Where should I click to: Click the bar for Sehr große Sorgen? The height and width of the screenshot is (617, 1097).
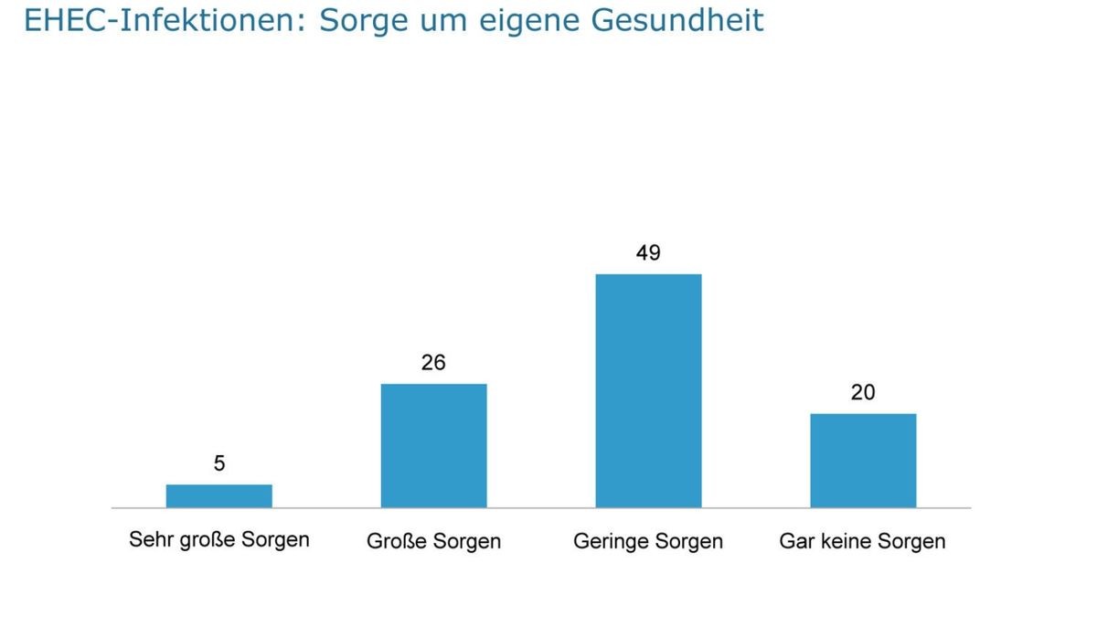click(218, 495)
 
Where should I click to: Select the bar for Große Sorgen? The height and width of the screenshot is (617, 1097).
click(433, 445)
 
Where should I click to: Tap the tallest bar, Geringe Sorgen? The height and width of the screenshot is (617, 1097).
click(648, 390)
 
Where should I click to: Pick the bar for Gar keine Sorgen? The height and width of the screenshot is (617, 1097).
click(863, 460)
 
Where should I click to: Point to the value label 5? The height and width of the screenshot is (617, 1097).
click(219, 463)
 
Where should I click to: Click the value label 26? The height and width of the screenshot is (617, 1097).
click(433, 363)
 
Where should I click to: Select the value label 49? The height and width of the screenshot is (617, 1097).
click(648, 252)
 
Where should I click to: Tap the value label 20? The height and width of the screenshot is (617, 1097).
click(863, 392)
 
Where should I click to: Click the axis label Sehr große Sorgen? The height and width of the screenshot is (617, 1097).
click(219, 539)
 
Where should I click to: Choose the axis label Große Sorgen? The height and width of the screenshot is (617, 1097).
click(433, 541)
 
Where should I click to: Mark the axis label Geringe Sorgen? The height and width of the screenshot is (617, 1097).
click(648, 541)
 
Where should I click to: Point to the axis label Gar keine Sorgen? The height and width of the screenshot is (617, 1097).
click(862, 541)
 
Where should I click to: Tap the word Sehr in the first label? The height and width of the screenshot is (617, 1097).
click(148, 539)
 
